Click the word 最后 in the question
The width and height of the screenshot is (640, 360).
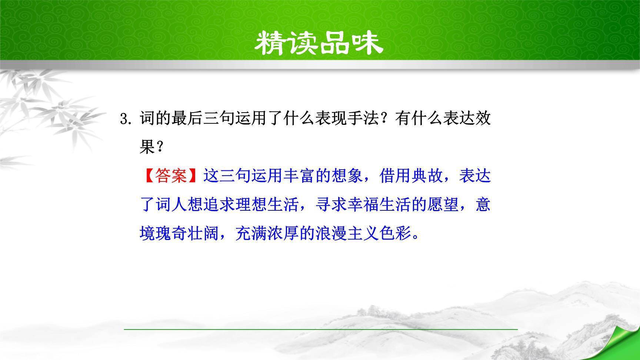point(187,119)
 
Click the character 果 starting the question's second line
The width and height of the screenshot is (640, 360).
point(147,147)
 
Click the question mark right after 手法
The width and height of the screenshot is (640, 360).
point(387,119)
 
